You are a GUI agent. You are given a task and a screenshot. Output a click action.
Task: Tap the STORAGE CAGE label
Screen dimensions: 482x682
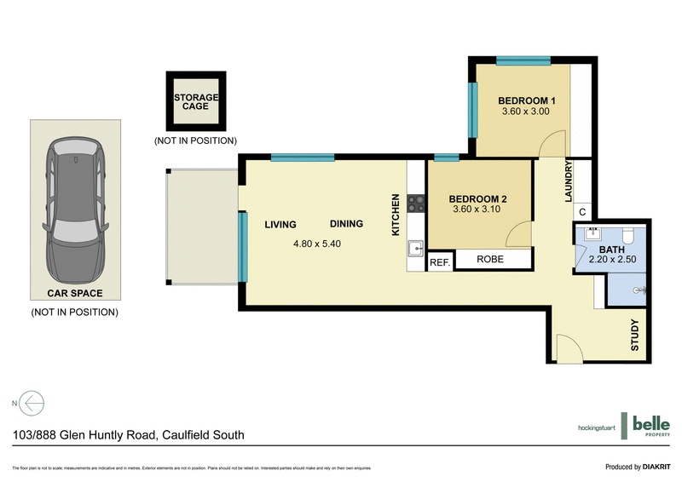(196, 102)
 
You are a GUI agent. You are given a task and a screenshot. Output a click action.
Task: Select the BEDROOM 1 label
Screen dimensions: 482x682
(527, 101)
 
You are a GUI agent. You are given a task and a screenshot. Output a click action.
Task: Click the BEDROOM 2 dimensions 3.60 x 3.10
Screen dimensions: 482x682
(477, 212)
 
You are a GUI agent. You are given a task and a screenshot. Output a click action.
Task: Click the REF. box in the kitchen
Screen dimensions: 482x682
(439, 262)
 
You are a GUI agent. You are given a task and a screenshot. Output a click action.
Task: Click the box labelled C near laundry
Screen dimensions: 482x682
(582, 212)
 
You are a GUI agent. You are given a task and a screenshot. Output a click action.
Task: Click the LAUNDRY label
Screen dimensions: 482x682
(568, 182)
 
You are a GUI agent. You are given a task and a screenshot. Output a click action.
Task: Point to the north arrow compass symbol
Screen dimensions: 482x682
(32, 403)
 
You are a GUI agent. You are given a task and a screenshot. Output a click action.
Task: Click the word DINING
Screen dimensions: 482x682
(346, 224)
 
